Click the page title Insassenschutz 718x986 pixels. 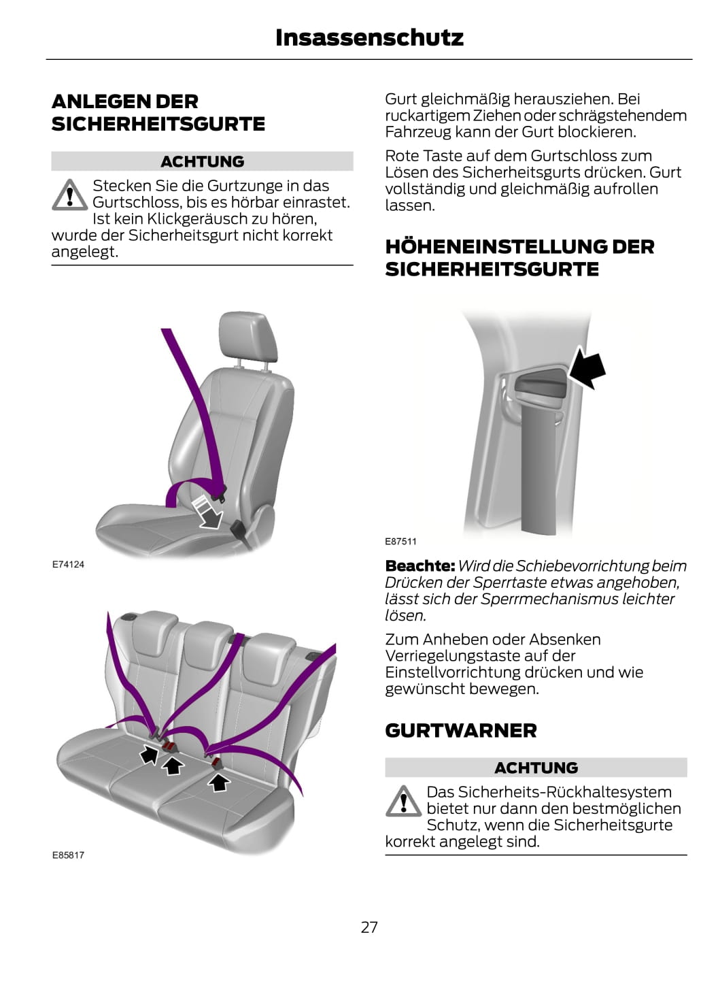tap(369, 38)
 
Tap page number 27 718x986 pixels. tap(369, 927)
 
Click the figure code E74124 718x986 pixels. tap(68, 564)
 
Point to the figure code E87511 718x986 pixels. tap(400, 542)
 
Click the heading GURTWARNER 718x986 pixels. tap(460, 731)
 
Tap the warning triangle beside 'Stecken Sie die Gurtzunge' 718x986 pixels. tap(69, 195)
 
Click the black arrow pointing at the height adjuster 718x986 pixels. tap(587, 369)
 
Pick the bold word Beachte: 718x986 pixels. tap(420, 565)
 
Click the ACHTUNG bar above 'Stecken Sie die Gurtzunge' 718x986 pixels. tap(203, 161)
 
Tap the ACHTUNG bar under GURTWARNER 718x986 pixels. tap(536, 768)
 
